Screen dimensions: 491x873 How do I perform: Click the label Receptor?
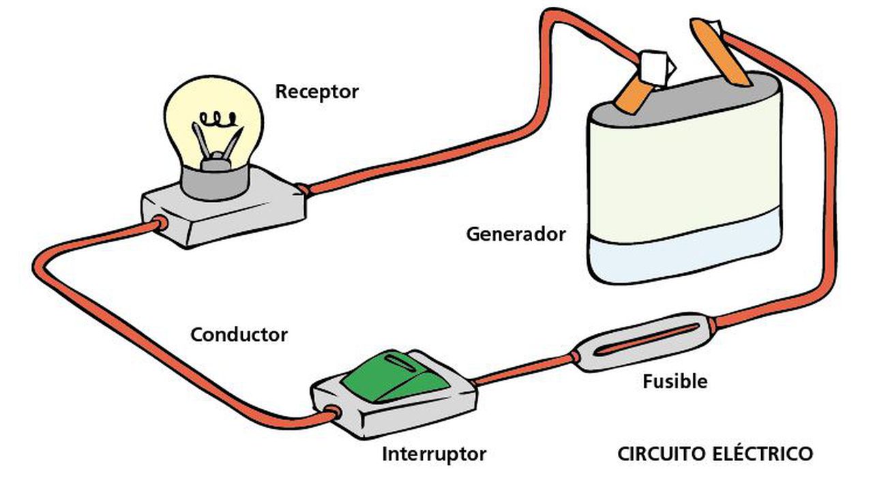click(x=316, y=91)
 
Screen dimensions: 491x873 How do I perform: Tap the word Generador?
click(x=516, y=234)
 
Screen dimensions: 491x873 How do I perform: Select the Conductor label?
click(x=239, y=335)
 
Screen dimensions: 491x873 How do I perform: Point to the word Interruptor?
click(x=434, y=453)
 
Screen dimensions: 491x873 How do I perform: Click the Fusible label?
click(x=675, y=381)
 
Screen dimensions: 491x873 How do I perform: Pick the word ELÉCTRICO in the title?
click(x=766, y=453)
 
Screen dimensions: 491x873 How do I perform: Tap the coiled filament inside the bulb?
click(x=218, y=120)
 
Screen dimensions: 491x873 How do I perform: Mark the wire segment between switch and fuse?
click(x=522, y=368)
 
